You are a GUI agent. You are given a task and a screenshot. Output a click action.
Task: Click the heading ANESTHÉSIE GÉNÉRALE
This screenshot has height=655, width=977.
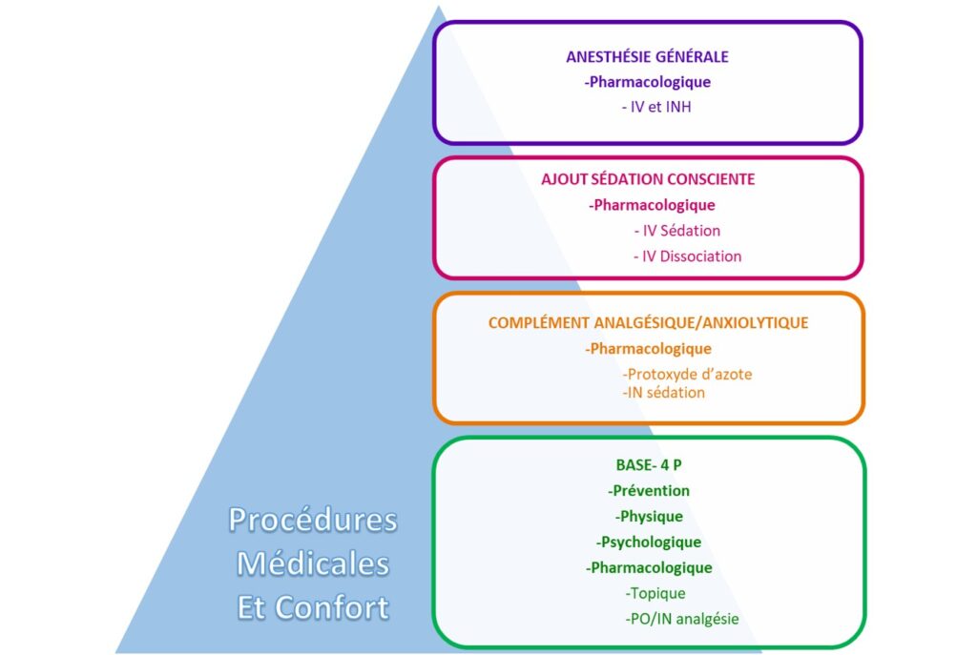pos(648,56)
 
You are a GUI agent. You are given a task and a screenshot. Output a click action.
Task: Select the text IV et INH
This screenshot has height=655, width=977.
pos(656,107)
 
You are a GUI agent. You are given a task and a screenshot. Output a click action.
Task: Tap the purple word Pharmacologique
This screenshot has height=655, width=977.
pos(650,82)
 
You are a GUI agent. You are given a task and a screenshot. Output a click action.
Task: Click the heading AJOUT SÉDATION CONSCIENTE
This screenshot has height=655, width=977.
pos(648,179)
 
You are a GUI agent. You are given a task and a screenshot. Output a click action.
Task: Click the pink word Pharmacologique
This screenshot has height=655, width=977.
pos(655,206)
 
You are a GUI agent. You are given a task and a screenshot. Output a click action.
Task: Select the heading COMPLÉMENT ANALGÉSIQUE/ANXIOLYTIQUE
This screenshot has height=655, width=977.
pos(648,323)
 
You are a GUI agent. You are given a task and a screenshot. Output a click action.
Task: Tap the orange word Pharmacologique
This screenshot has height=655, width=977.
pos(651,349)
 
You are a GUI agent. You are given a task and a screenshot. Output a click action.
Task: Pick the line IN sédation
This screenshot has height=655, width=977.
pos(664,393)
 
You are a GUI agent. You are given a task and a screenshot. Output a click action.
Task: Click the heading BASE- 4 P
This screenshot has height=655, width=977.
pos(649,465)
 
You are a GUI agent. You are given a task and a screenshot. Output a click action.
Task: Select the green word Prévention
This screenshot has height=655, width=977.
pos(651,491)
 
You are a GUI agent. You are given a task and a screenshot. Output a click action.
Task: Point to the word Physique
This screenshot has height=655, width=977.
pos(651,517)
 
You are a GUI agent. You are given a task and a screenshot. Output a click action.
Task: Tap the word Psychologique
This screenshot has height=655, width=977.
pos(651,542)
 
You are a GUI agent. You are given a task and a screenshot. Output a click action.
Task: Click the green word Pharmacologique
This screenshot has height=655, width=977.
pos(651,568)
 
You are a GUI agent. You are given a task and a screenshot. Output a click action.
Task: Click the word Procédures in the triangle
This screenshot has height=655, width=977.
pos(313,520)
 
